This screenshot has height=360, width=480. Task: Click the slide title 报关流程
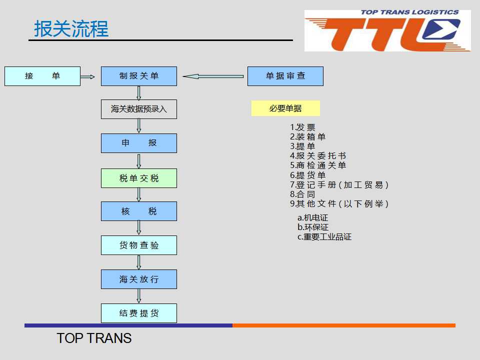click(71, 29)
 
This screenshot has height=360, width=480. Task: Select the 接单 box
click(42, 76)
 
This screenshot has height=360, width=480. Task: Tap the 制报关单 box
click(139, 76)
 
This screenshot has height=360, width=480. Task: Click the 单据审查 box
click(285, 76)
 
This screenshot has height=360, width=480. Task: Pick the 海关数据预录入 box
click(139, 109)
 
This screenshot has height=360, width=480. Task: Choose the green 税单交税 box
click(139, 178)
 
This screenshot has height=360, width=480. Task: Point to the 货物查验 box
click(139, 245)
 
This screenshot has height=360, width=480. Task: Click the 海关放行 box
click(139, 279)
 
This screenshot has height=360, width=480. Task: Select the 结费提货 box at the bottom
click(139, 313)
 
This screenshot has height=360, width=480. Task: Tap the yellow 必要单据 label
click(285, 108)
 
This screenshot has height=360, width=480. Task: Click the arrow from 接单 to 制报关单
click(87, 76)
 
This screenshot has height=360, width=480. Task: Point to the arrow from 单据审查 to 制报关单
click(213, 76)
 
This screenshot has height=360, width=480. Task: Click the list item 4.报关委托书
click(318, 156)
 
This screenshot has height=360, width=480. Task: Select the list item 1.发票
click(302, 127)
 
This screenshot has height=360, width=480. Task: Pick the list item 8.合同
click(302, 194)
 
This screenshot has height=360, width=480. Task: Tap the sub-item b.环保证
click(313, 227)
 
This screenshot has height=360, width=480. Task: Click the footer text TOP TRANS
click(94, 338)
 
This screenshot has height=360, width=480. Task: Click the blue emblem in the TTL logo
click(441, 29)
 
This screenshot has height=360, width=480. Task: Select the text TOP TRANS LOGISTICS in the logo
click(409, 12)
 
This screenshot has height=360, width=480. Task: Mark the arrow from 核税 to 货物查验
click(138, 228)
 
